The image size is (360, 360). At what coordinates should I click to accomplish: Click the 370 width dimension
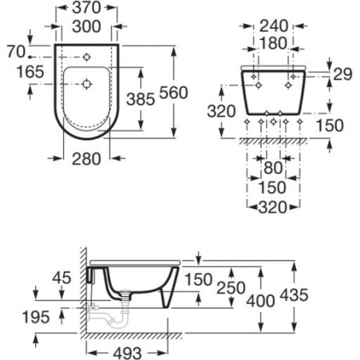point(86,8)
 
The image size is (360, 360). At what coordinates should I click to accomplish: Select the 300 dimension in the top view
point(86,26)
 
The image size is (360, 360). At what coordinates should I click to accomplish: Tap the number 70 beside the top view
point(16,51)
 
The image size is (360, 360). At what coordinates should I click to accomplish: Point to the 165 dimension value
point(30,72)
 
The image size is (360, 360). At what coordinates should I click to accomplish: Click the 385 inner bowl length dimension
point(141,99)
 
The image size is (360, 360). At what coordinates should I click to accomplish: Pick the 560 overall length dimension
point(174,93)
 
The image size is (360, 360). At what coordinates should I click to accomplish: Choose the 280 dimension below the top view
point(86,159)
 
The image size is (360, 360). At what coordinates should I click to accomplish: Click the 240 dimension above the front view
point(274,26)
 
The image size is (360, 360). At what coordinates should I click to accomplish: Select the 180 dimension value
point(274,43)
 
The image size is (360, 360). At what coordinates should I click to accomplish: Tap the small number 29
point(343,74)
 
